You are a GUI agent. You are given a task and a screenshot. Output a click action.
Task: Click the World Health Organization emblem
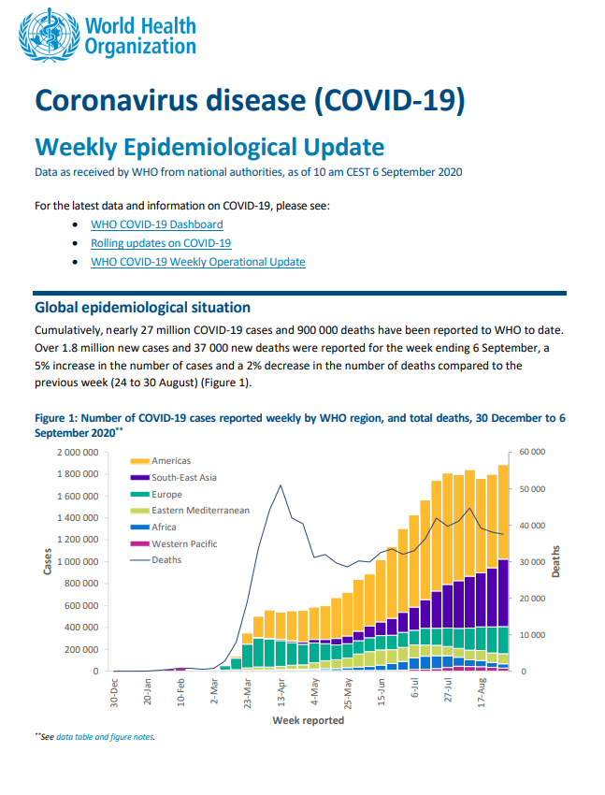[50, 35]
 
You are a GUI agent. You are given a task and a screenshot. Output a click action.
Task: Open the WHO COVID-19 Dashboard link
[156, 224]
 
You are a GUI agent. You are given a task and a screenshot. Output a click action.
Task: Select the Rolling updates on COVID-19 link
[161, 243]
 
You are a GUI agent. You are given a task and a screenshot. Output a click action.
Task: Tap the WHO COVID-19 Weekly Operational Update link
[198, 262]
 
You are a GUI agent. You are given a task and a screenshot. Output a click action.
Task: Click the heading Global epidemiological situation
[142, 308]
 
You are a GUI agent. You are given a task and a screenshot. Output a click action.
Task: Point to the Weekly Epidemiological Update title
[209, 147]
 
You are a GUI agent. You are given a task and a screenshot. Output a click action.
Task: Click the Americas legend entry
[161, 461]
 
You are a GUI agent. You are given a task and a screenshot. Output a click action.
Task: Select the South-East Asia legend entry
[173, 478]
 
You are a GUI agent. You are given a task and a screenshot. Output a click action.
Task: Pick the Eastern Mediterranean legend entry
[190, 511]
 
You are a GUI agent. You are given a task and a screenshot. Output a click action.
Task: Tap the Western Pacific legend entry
[174, 544]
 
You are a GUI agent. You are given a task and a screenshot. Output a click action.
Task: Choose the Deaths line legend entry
[155, 560]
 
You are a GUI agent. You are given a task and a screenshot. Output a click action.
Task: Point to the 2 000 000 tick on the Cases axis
[78, 453]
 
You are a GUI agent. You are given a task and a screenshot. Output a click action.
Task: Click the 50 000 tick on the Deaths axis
[532, 489]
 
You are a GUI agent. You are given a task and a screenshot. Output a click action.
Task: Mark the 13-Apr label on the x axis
[281, 692]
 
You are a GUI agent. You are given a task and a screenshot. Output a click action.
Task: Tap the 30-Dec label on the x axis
[114, 692]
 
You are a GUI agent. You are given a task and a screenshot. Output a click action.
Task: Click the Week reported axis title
[308, 720]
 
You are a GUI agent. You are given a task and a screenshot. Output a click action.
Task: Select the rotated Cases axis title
[48, 561]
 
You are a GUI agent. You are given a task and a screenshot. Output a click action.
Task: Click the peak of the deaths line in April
[281, 485]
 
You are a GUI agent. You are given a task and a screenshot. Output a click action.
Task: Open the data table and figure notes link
[105, 737]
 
